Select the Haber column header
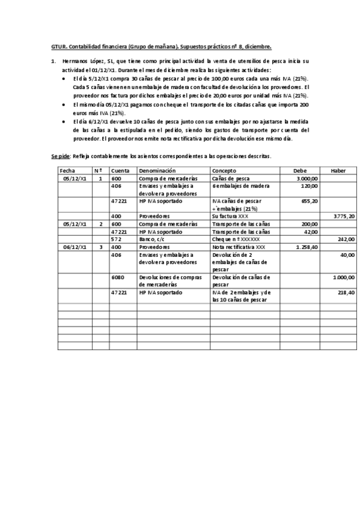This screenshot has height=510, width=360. pyautogui.click(x=338, y=171)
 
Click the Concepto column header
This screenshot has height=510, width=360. pyautogui.click(x=224, y=171)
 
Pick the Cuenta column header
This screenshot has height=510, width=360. pyautogui.click(x=120, y=171)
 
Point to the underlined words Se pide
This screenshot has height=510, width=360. pyautogui.click(x=60, y=156)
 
